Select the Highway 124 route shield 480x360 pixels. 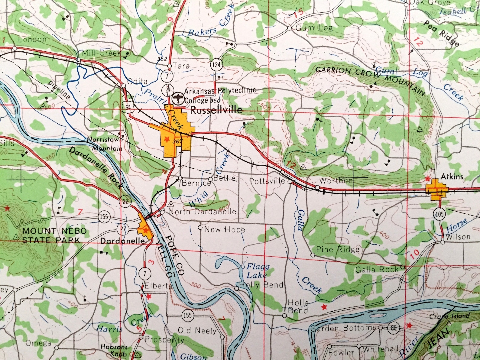(216, 64)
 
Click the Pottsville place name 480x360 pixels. (267, 181)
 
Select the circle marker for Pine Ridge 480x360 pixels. (313, 255)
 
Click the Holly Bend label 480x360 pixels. (261, 285)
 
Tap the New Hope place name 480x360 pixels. (225, 229)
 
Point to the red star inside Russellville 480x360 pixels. (166, 139)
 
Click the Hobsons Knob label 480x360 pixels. (114, 350)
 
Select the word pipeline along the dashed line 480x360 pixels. (59, 90)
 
